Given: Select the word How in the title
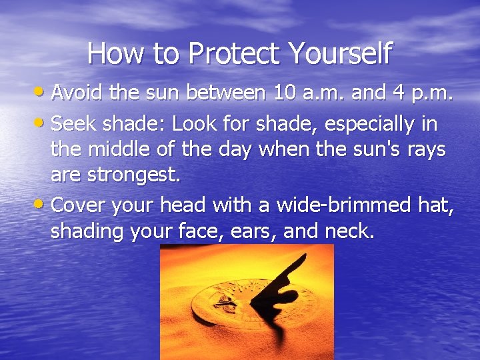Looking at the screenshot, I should [111, 53].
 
